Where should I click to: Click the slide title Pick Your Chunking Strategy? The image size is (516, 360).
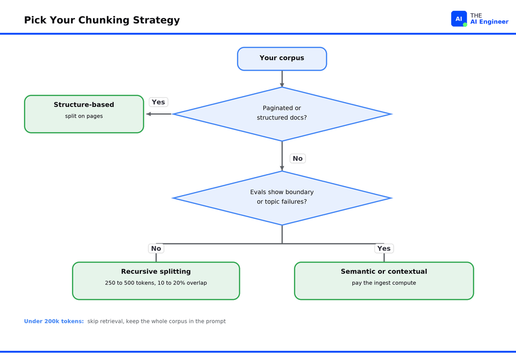point(102,20)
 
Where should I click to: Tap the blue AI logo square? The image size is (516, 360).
point(459,19)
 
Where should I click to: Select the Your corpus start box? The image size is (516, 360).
point(282,59)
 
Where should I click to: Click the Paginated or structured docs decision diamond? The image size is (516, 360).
point(282,114)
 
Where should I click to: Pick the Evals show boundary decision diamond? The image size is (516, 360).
point(282,198)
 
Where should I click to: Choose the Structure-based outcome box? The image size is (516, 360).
point(84,114)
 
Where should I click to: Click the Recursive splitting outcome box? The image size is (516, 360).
point(156,281)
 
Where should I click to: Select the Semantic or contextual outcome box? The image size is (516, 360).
point(384,281)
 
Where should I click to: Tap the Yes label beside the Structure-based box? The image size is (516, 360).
point(158,102)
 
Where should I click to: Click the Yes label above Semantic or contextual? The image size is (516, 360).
point(384,248)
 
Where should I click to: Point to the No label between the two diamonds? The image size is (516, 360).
point(298,158)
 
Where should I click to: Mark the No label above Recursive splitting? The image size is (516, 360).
point(156,248)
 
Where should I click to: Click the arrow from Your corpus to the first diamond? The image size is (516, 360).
point(282,79)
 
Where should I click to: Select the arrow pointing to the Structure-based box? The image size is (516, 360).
point(159,114)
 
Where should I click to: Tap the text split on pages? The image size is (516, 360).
point(84,116)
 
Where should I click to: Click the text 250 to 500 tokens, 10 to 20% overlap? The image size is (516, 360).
point(156,283)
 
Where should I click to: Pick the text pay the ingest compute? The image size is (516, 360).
point(384,283)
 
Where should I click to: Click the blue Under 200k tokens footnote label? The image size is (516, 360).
point(54,321)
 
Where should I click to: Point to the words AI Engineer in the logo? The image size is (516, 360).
point(490,22)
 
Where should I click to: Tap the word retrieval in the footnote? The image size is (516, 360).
point(110,321)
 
